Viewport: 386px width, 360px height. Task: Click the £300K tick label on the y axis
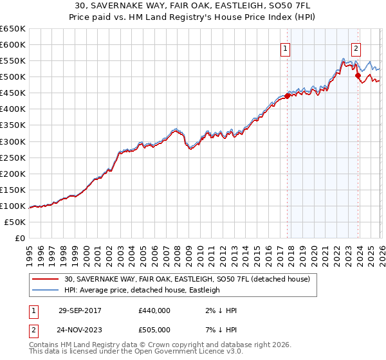(x=13, y=141)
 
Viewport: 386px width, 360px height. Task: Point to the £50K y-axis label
(x=15, y=222)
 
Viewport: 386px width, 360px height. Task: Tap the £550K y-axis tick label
(x=13, y=60)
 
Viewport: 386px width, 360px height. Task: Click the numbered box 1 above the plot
(x=284, y=47)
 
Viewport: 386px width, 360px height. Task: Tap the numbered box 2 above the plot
(x=356, y=47)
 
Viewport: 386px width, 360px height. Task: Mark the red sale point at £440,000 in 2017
(x=288, y=96)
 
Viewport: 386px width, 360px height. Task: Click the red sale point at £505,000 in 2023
(x=358, y=75)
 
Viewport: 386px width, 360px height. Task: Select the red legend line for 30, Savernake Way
(x=46, y=279)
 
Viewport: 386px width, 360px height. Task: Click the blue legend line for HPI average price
(x=46, y=290)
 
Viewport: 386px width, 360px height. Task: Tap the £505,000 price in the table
(x=154, y=330)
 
